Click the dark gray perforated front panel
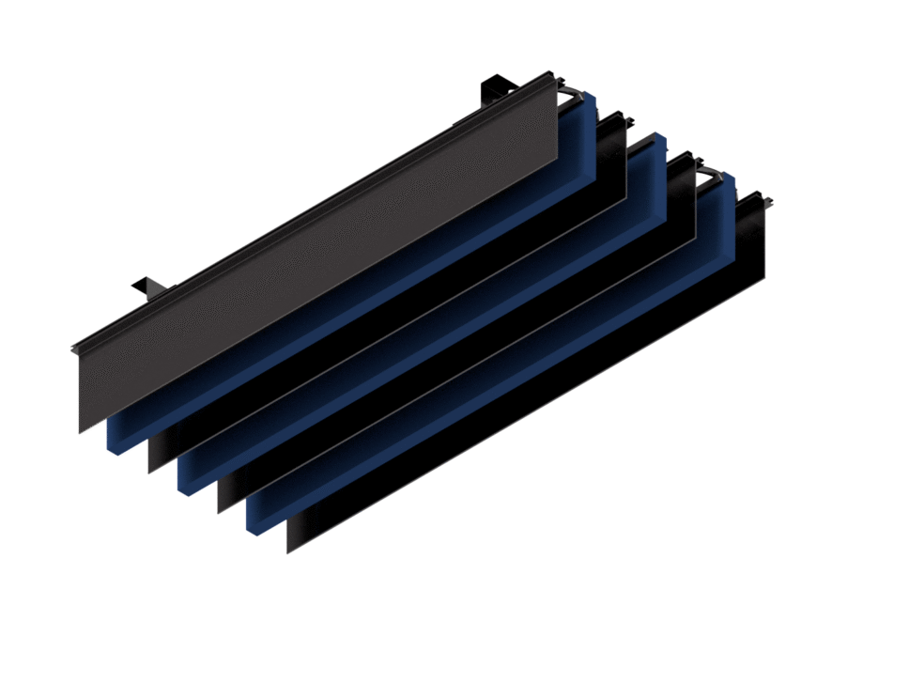[x=319, y=254]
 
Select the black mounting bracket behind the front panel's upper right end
[x=495, y=90]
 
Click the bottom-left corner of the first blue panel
[x=114, y=447]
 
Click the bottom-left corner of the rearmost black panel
[x=289, y=550]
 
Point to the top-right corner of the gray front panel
[x=556, y=74]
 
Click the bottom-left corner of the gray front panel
[x=81, y=431]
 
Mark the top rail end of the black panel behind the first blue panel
[x=621, y=117]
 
